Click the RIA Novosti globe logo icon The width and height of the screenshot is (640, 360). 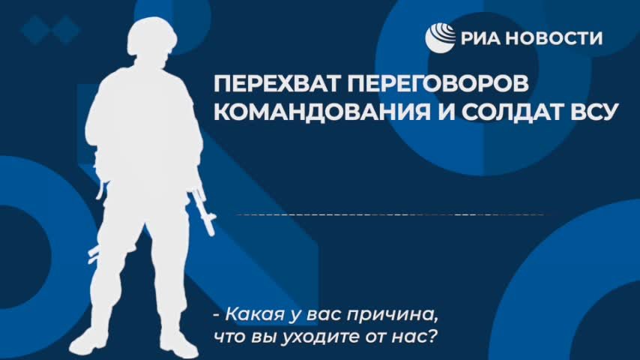441,37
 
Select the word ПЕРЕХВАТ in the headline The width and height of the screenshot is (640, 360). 271,83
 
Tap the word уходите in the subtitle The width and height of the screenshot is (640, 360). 300,335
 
